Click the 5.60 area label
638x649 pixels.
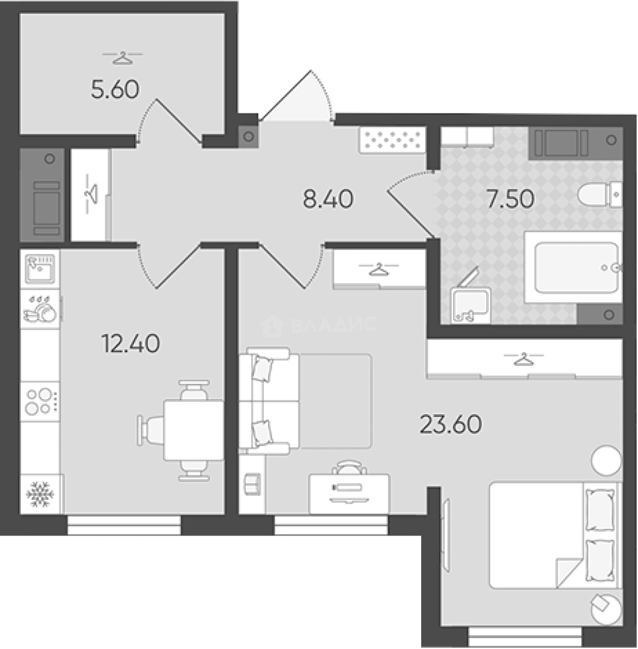point(115,90)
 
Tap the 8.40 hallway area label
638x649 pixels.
point(328,199)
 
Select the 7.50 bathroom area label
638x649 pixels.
point(511,199)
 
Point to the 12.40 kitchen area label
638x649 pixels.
point(131,344)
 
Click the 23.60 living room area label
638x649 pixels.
point(451,424)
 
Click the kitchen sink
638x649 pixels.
point(40,268)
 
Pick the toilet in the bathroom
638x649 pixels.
point(600,194)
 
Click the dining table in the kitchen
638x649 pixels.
point(193,430)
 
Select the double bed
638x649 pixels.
point(555,535)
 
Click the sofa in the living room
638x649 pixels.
point(269,401)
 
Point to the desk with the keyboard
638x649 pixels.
point(349,494)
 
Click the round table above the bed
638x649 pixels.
point(606,460)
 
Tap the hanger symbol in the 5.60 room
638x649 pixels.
point(123,58)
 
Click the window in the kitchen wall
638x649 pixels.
point(124,525)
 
